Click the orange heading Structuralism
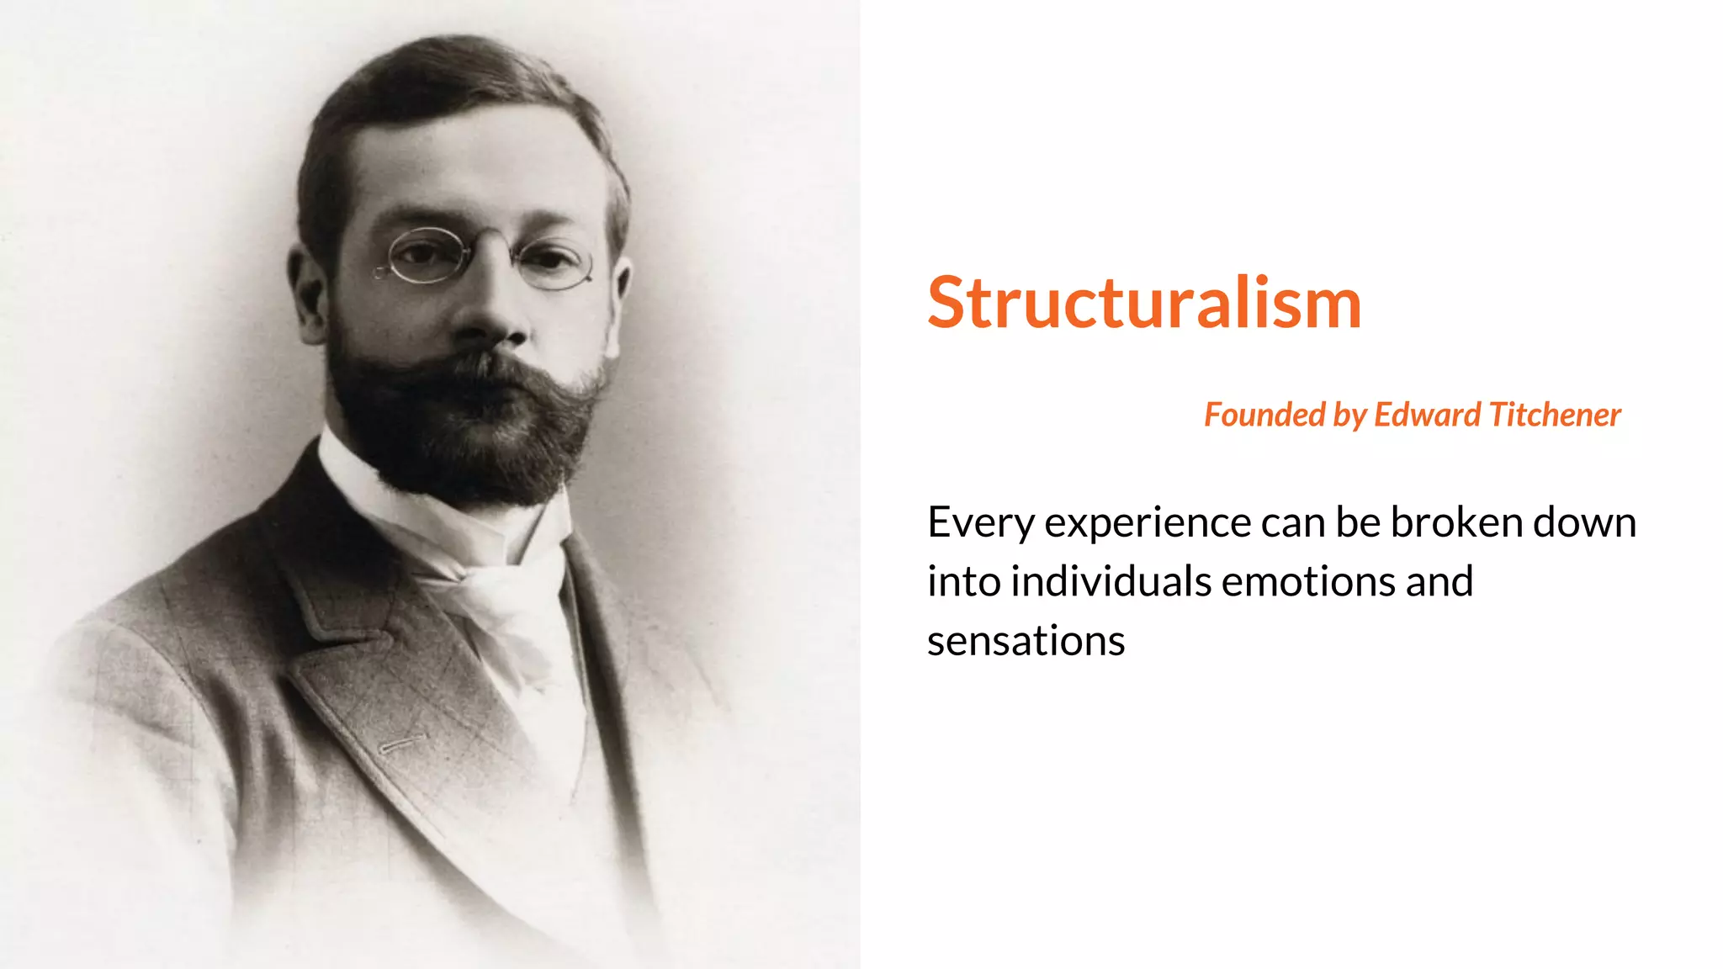pos(1144,303)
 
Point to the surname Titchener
pos(1555,415)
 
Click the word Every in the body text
pos(981,523)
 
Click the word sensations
pos(1026,641)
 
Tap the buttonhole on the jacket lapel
pos(402,744)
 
